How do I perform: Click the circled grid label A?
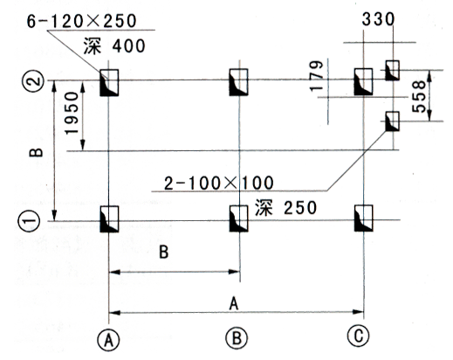point(108,340)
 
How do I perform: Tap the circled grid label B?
point(237,338)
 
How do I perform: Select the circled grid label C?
point(359,336)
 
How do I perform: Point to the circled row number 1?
point(31,221)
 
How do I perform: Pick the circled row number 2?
point(33,81)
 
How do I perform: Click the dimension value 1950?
point(72,113)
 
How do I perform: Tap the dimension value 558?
point(419,97)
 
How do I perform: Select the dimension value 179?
point(317,76)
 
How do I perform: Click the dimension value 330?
point(378,19)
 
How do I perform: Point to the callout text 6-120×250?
point(82,21)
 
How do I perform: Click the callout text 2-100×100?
point(219,183)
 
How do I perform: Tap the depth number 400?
point(129,46)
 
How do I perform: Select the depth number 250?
point(300,208)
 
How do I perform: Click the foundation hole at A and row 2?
point(109,83)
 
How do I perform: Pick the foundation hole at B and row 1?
point(239,218)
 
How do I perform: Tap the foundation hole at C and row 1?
point(364,218)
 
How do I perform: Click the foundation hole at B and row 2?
point(238,82)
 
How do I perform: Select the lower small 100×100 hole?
point(392,121)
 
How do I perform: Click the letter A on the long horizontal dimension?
point(234,304)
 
